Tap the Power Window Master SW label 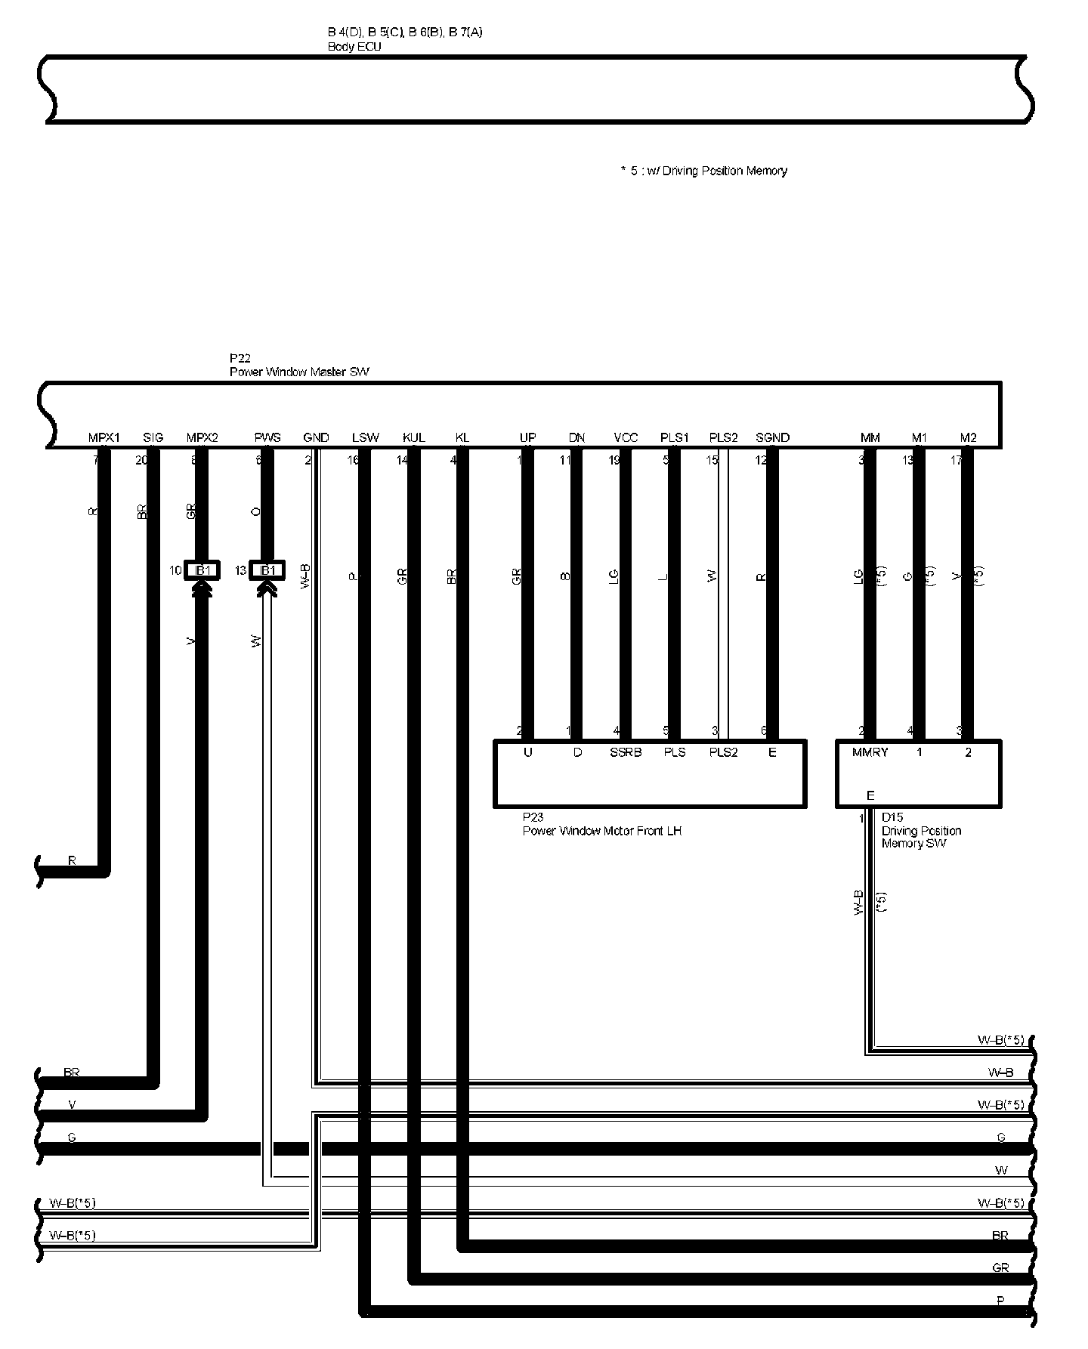pyautogui.click(x=299, y=372)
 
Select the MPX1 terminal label pyautogui.click(x=104, y=437)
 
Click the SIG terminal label pyautogui.click(x=153, y=437)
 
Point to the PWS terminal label pyautogui.click(x=267, y=437)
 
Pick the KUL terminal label pyautogui.click(x=414, y=437)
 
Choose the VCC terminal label pyautogui.click(x=626, y=437)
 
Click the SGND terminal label pyautogui.click(x=772, y=437)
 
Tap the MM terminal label pyautogui.click(x=870, y=437)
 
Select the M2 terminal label pyautogui.click(x=968, y=437)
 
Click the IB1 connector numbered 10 pyautogui.click(x=202, y=570)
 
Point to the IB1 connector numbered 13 pyautogui.click(x=267, y=570)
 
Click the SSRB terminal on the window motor pyautogui.click(x=626, y=752)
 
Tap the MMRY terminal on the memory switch pyautogui.click(x=870, y=752)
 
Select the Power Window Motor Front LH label pyautogui.click(x=602, y=831)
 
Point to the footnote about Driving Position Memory pyautogui.click(x=703, y=171)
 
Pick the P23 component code pyautogui.click(x=533, y=817)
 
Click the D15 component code pyautogui.click(x=892, y=817)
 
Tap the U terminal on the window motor pyautogui.click(x=528, y=752)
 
